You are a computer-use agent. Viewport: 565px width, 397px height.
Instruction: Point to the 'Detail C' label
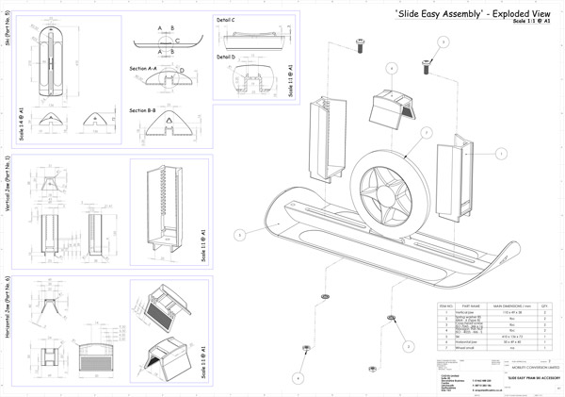tap(226, 18)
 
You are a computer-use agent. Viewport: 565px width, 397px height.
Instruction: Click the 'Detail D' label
tap(226, 57)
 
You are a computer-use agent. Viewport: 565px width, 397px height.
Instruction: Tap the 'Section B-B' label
tap(143, 109)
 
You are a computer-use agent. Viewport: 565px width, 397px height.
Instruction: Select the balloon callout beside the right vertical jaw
tap(501, 152)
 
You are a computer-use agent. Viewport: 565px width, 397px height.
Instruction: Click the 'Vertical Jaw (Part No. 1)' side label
tap(7, 179)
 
